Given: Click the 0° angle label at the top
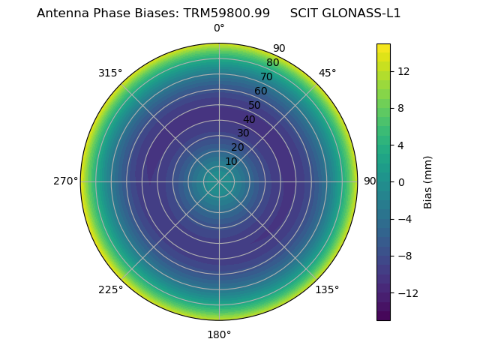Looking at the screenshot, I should click(219, 28).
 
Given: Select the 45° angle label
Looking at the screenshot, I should click(327, 73).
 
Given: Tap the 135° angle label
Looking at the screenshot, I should click(327, 289).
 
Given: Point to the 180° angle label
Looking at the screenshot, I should click(219, 334).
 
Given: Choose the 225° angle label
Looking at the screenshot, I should click(110, 289).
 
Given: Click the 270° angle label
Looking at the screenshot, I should click(65, 181).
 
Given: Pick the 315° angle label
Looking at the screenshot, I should click(110, 73).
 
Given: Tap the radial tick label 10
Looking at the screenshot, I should click(231, 161).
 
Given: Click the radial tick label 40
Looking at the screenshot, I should click(249, 119).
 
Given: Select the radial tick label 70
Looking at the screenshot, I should click(266, 76).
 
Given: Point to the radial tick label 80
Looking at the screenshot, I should click(272, 62).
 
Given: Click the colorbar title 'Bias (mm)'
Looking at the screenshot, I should click(428, 181).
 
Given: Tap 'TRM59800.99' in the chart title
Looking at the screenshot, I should click(226, 13).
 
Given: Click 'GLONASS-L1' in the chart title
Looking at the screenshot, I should click(363, 13).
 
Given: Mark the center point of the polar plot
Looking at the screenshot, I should click(219, 181).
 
